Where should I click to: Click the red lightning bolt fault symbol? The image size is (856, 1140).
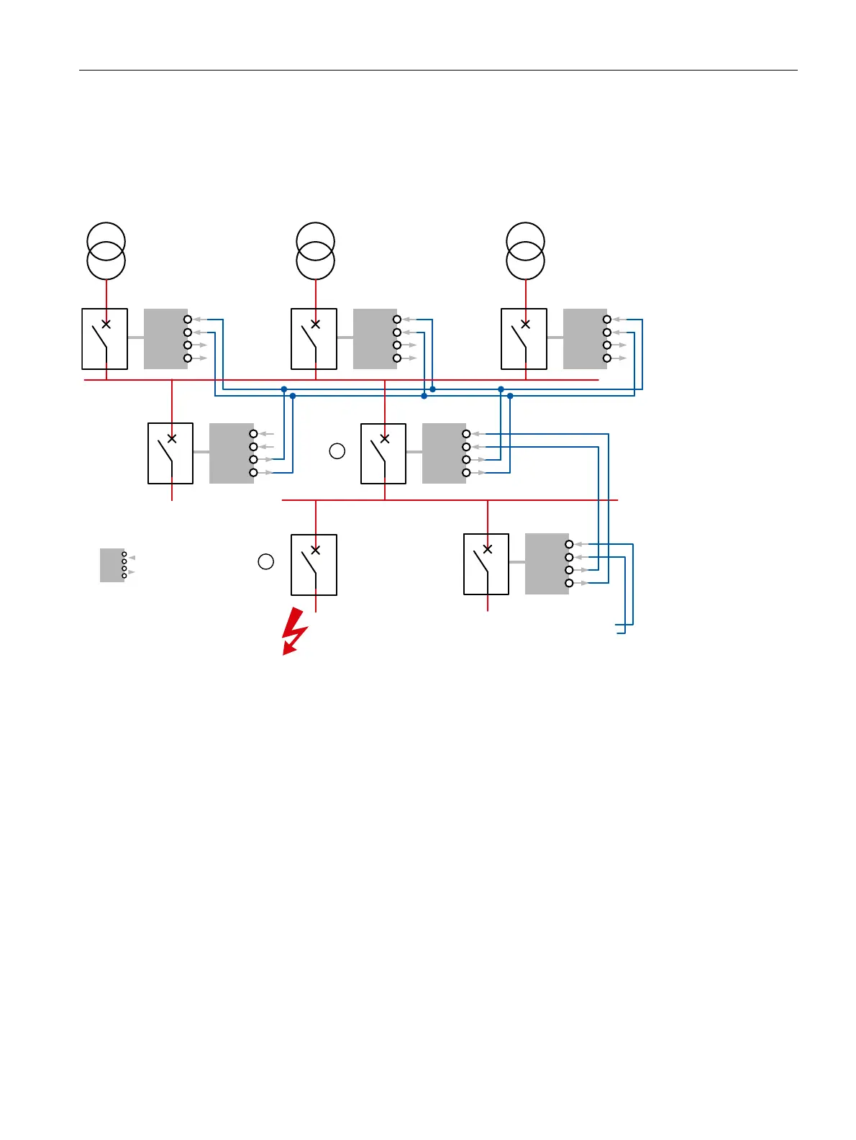click(293, 632)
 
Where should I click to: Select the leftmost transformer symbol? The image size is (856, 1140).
click(106, 251)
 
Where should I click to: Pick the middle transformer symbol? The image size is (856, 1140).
click(316, 251)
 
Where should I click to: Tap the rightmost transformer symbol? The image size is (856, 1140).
click(526, 251)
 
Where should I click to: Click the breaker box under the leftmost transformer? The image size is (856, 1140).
click(105, 339)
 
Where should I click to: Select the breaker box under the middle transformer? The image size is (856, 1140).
click(314, 339)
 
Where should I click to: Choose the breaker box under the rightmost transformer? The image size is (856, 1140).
click(524, 339)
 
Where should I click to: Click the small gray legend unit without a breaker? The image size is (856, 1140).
click(112, 565)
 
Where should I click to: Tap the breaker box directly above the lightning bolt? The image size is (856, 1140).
click(314, 565)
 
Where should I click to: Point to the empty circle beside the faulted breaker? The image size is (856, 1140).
click(266, 562)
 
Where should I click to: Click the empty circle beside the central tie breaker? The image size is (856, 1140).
click(337, 451)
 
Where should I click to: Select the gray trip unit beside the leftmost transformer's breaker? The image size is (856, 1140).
click(165, 339)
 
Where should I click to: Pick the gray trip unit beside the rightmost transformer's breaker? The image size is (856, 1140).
click(585, 339)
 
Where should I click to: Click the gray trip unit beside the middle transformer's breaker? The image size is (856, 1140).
click(375, 339)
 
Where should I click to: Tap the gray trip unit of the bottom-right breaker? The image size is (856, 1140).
click(547, 564)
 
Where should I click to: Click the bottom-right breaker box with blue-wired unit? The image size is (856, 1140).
click(486, 564)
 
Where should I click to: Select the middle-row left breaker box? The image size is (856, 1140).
click(170, 453)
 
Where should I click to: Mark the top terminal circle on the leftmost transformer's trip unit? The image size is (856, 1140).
click(188, 319)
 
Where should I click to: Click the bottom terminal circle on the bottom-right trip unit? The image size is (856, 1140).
click(569, 583)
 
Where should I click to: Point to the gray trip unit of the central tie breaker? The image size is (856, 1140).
click(444, 453)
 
